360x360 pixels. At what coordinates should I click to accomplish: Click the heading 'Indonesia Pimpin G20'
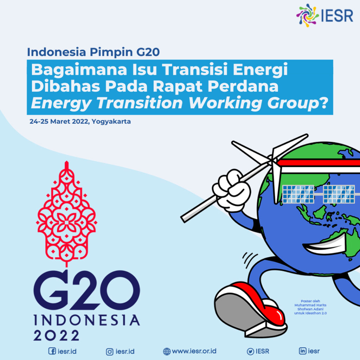[x=93, y=52]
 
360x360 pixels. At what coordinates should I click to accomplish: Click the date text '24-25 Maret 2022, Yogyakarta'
[x=80, y=122]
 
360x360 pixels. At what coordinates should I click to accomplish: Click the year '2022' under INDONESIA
[x=57, y=336]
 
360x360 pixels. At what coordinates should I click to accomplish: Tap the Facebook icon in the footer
[x=52, y=351]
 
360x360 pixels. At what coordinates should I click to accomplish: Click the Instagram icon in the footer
[x=110, y=351]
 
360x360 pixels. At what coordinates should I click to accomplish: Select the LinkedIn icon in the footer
[x=302, y=351]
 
